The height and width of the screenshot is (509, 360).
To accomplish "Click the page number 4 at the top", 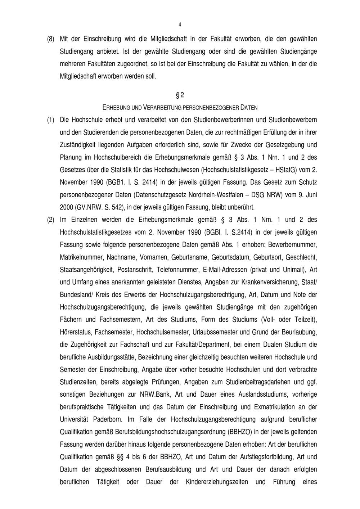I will (180, 24).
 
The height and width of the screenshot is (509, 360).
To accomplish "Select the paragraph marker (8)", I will (51, 39).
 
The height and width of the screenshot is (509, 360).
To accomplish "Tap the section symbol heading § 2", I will (180, 95).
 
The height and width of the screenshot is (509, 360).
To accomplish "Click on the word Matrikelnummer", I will (79, 257).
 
